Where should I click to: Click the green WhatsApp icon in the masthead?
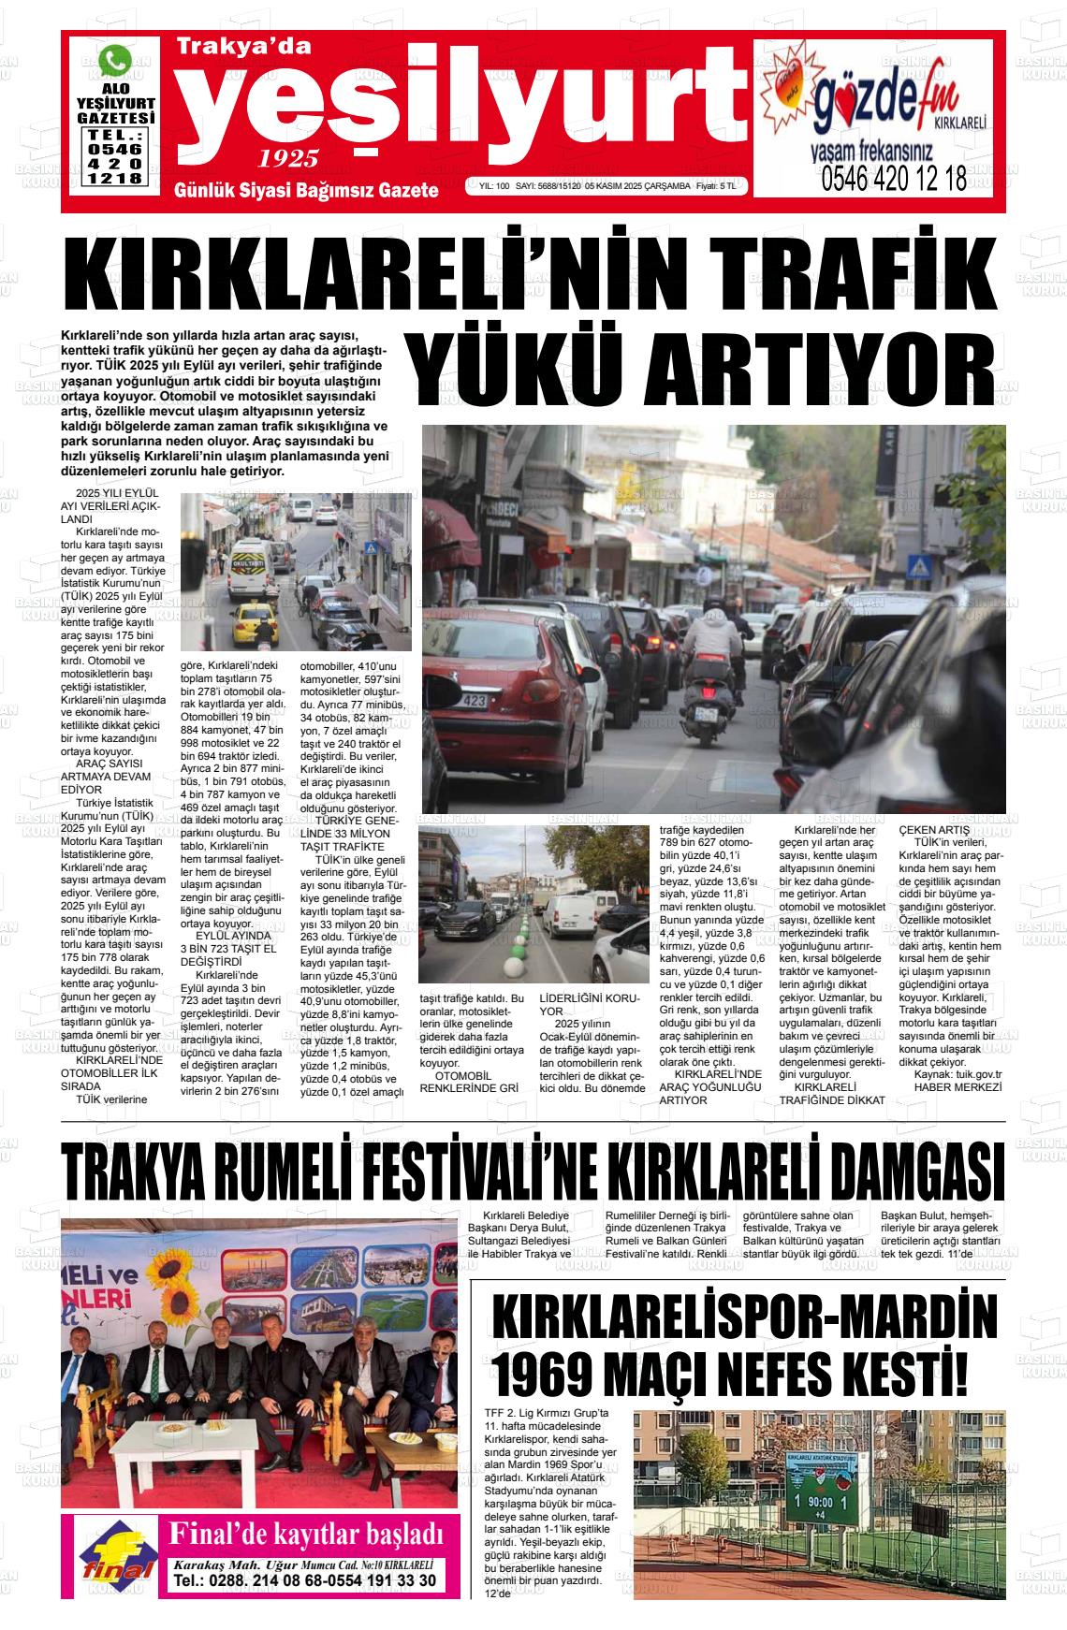click(116, 61)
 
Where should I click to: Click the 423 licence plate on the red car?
click(475, 699)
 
